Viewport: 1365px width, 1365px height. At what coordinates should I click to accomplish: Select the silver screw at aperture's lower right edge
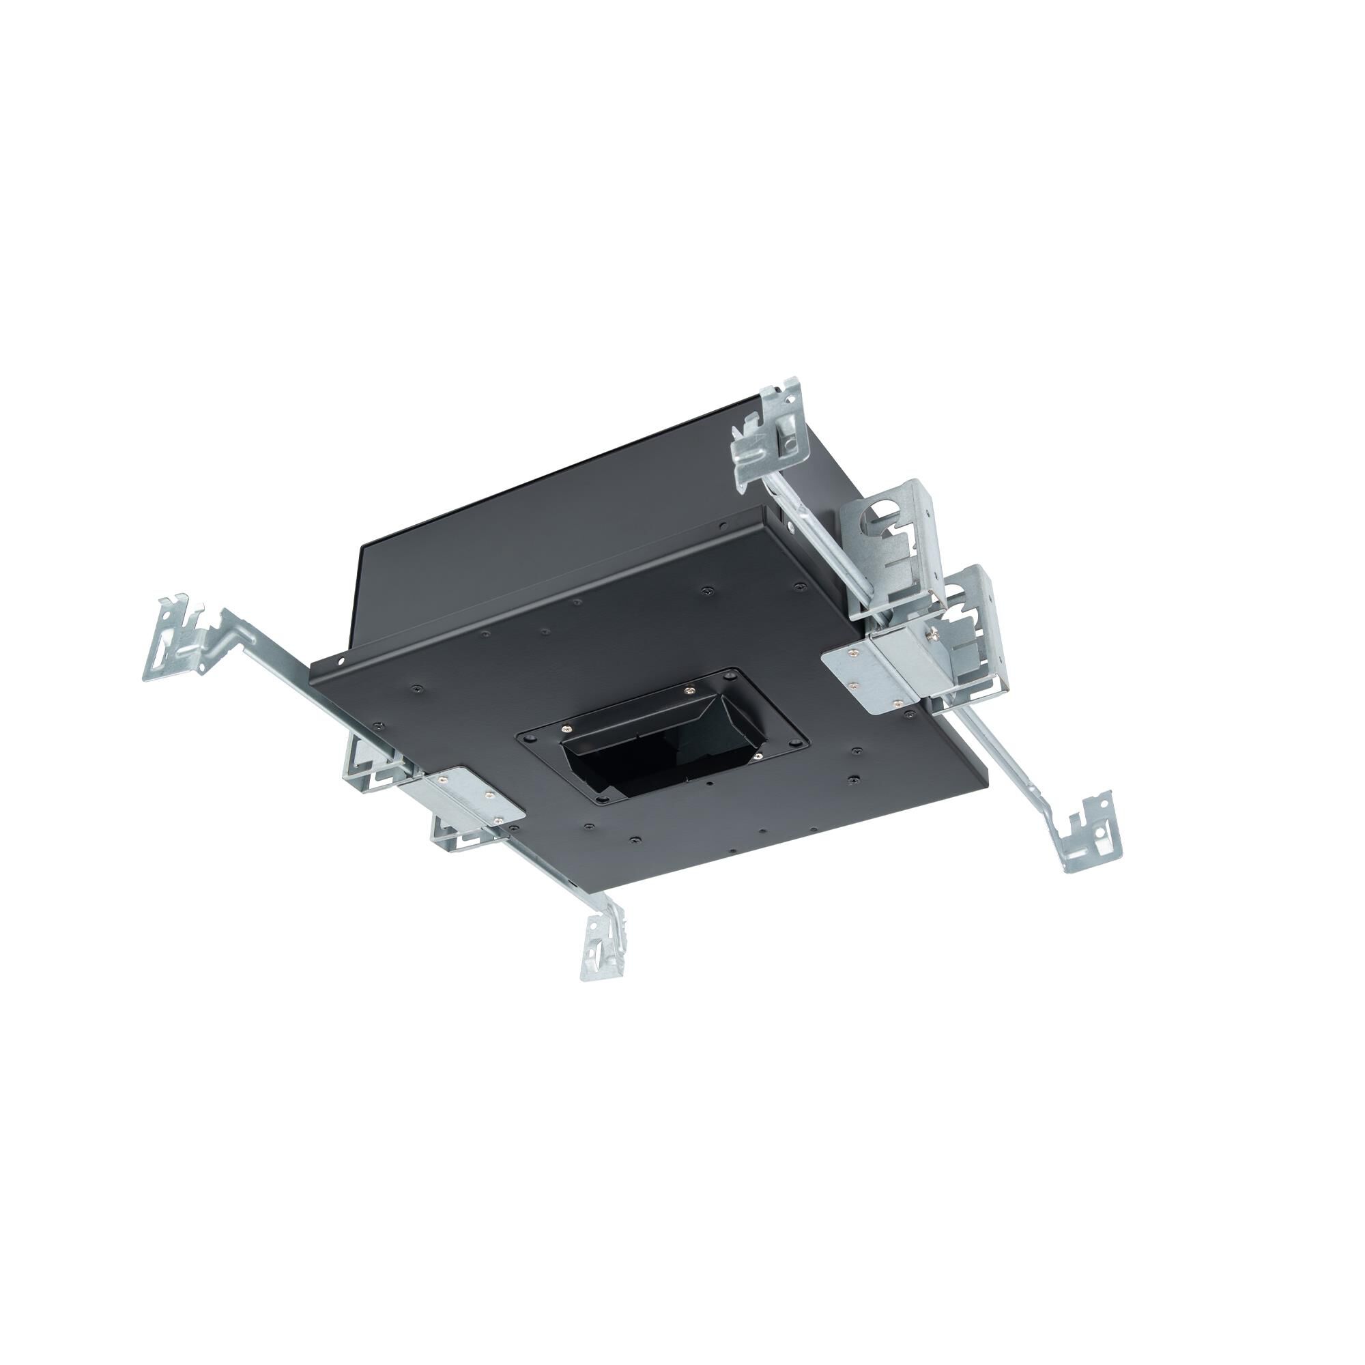[x=757, y=756]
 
